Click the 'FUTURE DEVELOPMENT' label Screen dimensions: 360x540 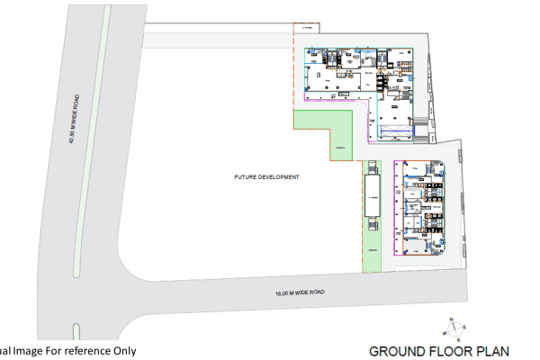coord(266,177)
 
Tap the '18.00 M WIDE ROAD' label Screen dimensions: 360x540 coord(301,292)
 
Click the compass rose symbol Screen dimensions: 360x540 coord(455,329)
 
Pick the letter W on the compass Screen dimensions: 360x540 coord(443,332)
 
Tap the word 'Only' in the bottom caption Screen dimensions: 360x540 coord(124,351)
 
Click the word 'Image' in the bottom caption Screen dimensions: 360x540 coord(26,351)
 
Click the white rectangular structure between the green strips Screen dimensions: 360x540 coord(371,195)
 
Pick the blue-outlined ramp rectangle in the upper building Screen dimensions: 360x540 coord(393,132)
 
